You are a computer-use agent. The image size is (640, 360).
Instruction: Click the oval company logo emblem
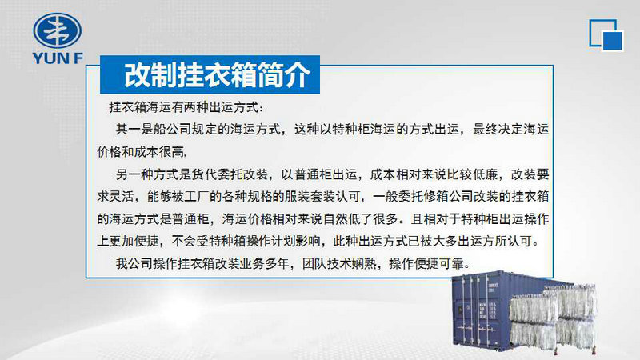[57, 30]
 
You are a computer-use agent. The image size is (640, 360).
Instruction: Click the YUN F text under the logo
[58, 58]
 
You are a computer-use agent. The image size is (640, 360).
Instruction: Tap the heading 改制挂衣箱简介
[217, 75]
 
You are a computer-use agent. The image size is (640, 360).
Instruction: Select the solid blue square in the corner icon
[612, 41]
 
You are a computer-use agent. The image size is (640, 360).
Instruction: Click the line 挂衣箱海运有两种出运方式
[184, 107]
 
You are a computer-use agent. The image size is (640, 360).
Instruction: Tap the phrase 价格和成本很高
[141, 152]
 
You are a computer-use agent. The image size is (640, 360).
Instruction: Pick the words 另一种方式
[147, 174]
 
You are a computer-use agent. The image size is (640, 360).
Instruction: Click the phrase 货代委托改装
[230, 174]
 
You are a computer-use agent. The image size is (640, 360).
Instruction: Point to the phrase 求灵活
[115, 197]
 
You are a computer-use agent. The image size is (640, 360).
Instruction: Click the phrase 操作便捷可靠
[426, 264]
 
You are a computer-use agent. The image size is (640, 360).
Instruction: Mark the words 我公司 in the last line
[134, 264]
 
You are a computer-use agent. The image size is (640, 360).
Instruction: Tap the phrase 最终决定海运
[510, 130]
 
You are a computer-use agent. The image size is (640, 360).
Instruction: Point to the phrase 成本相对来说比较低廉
[434, 174]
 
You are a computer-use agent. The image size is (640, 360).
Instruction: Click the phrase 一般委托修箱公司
[423, 197]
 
